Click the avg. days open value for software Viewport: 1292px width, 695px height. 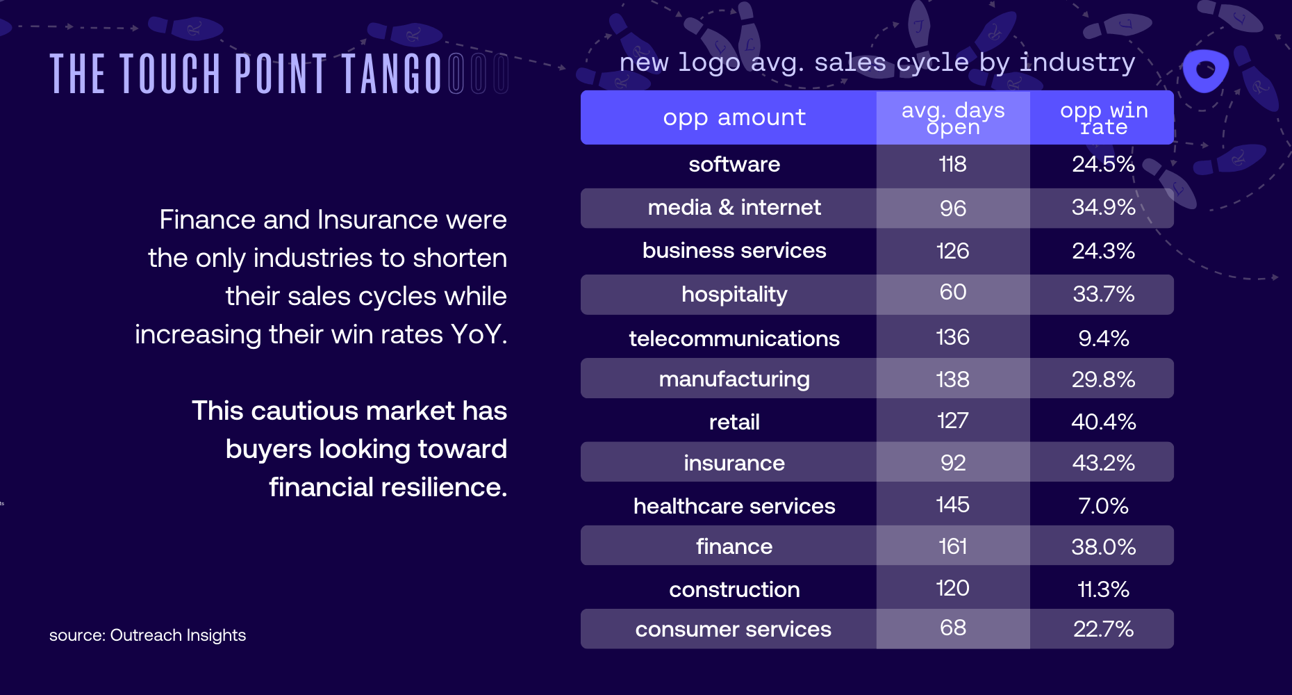point(952,165)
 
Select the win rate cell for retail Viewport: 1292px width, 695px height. point(1103,422)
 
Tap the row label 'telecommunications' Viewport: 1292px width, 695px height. point(734,338)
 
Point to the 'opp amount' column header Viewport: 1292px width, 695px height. point(734,117)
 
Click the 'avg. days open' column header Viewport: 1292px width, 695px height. point(952,118)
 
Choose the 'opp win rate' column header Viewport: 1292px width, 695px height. point(1103,118)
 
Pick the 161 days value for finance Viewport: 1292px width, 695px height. point(952,546)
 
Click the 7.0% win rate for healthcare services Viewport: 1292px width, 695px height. point(1103,506)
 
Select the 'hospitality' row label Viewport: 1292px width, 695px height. point(734,295)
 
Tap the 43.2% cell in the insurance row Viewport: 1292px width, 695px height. point(1103,463)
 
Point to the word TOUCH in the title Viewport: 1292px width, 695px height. point(171,74)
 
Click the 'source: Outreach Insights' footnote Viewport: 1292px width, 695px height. point(147,635)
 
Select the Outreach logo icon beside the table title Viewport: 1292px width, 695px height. point(1205,70)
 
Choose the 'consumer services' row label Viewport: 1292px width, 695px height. point(733,629)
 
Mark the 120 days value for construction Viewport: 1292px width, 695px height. point(952,589)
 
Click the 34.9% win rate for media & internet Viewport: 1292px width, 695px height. point(1103,207)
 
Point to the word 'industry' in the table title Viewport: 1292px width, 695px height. point(1077,63)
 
